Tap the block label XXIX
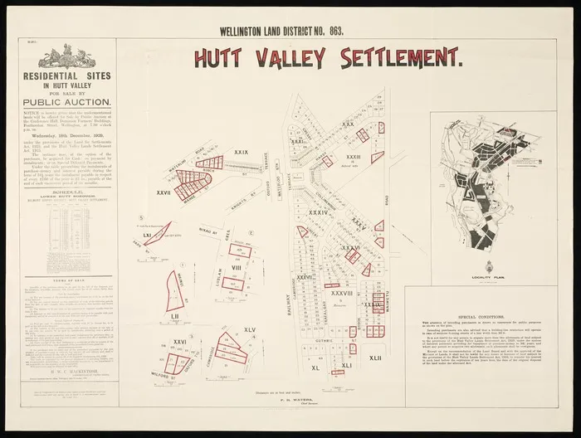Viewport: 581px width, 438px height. coord(242,153)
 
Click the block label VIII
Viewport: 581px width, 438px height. coord(236,268)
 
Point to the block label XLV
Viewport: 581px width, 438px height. coord(249,329)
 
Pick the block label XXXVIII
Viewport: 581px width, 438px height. coord(342,292)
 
